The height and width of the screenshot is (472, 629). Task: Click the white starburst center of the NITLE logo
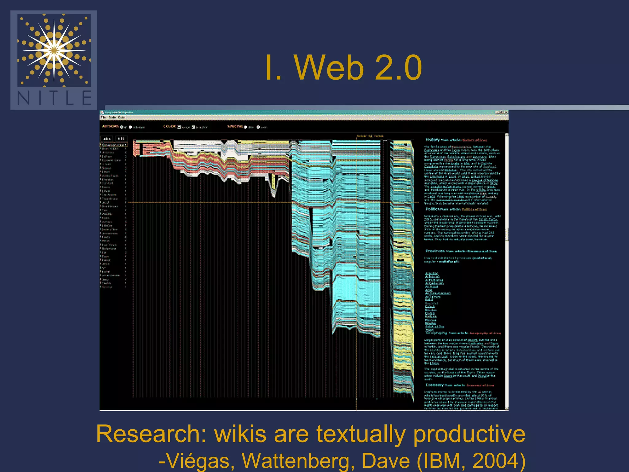[54, 50]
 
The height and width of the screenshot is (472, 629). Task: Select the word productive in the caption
[469, 434]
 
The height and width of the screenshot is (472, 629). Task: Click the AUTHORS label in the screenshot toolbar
[110, 126]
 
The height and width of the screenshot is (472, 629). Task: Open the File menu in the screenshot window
[104, 117]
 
